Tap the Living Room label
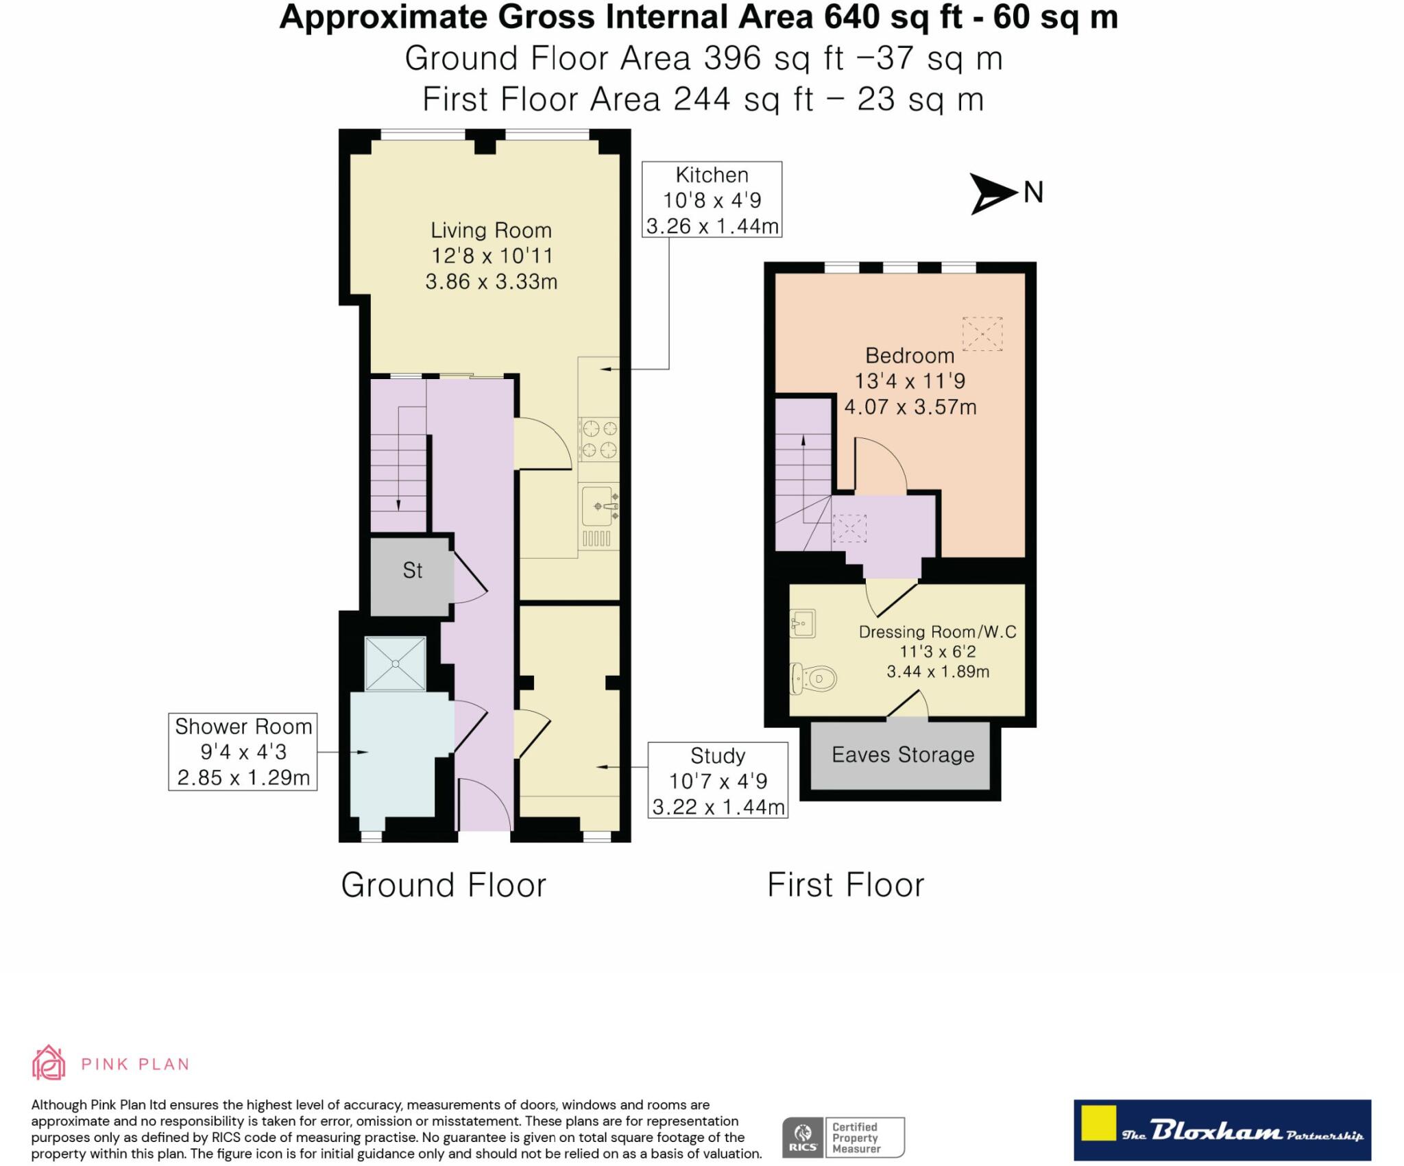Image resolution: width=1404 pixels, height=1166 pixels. (x=491, y=230)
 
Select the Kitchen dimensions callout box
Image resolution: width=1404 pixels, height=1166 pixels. (x=712, y=199)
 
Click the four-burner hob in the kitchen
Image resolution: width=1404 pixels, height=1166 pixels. (x=599, y=439)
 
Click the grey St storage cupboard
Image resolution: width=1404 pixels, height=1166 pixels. (x=411, y=575)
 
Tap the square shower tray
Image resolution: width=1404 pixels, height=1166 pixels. (x=396, y=664)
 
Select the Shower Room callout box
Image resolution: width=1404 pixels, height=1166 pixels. (x=243, y=752)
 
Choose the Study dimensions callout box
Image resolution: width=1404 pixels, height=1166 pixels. (x=718, y=780)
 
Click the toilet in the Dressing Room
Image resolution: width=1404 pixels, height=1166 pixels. (x=814, y=679)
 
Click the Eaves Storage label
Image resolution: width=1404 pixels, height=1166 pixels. (x=903, y=755)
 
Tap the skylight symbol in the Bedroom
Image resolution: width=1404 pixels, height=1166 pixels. (x=982, y=334)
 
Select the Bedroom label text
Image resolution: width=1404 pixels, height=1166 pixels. (x=910, y=355)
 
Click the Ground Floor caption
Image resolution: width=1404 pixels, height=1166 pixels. (x=444, y=885)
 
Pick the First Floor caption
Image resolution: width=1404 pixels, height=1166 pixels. (x=846, y=885)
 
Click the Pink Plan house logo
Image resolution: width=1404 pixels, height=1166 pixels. (x=49, y=1063)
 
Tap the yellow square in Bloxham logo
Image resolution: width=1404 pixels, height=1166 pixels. (x=1098, y=1123)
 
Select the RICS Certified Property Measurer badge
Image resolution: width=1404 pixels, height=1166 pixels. (x=843, y=1137)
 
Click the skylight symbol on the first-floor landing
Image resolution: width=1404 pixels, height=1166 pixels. (x=849, y=529)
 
